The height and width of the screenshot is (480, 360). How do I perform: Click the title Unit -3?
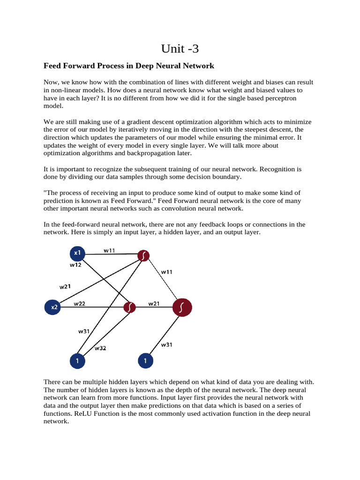(x=180, y=48)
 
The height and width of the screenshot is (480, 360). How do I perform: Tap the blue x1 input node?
(x=77, y=254)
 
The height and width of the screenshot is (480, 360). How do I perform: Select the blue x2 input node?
(x=54, y=307)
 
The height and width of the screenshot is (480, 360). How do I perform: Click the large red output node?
(x=182, y=307)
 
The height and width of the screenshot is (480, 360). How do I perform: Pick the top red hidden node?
(x=143, y=255)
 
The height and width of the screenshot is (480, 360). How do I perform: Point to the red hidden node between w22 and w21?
(x=129, y=307)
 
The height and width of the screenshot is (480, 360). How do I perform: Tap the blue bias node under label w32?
(x=77, y=361)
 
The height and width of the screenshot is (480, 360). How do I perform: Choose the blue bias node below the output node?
(x=145, y=361)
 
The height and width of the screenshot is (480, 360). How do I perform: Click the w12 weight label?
(x=76, y=265)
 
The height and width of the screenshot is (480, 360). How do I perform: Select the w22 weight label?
(x=79, y=303)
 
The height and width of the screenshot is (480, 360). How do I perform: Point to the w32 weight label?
(x=101, y=348)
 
